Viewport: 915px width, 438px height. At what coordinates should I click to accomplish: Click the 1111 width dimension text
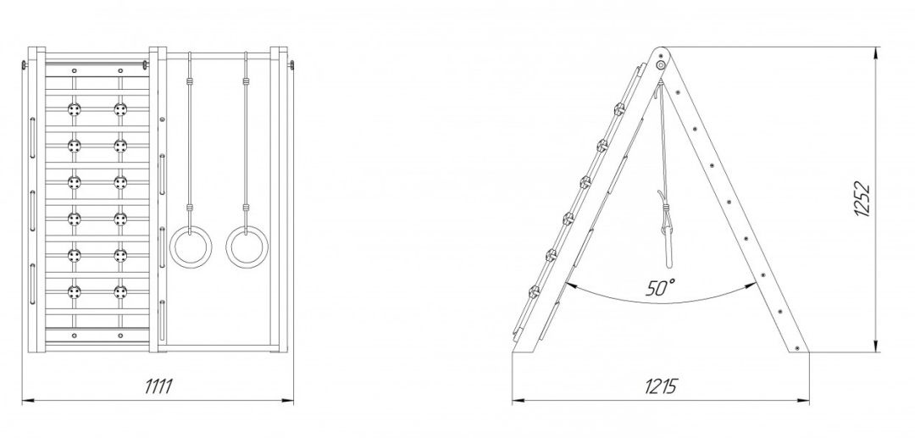pos(158,386)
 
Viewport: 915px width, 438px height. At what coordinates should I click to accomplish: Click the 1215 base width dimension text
pos(661,386)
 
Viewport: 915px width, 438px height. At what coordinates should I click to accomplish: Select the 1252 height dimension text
pos(862,200)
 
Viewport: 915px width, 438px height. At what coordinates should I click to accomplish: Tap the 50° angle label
pos(661,287)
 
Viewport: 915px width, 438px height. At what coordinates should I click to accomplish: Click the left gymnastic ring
pos(191,227)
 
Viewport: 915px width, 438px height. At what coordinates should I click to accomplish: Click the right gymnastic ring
pos(247,227)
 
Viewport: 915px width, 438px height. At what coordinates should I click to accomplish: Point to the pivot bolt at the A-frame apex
pos(661,64)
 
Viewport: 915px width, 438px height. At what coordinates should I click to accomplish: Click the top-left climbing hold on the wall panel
pos(74,109)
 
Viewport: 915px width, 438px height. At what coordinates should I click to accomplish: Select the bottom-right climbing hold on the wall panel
pos(120,291)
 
